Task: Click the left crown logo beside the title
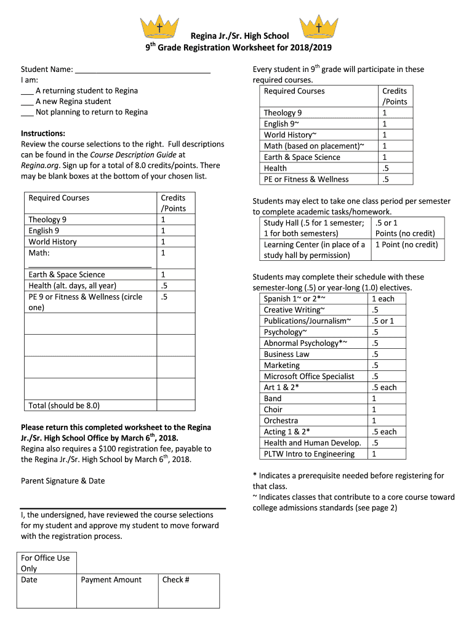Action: (159, 26)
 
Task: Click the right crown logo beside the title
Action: (318, 26)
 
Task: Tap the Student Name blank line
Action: (142, 70)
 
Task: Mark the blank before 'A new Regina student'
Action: (27, 102)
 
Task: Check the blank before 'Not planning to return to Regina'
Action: (27, 113)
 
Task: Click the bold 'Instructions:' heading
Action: (43, 134)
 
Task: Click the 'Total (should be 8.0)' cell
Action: (64, 405)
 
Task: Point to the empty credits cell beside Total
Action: (175, 405)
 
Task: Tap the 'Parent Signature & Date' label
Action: (63, 480)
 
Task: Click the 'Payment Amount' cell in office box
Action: (111, 580)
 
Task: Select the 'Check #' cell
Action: (176, 580)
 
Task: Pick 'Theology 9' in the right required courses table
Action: (283, 113)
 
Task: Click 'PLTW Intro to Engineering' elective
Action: (309, 454)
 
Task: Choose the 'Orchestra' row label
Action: (281, 421)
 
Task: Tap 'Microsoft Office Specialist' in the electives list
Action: (309, 377)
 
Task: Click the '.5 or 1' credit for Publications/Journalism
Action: (382, 321)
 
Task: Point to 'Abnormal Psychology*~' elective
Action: (305, 343)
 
